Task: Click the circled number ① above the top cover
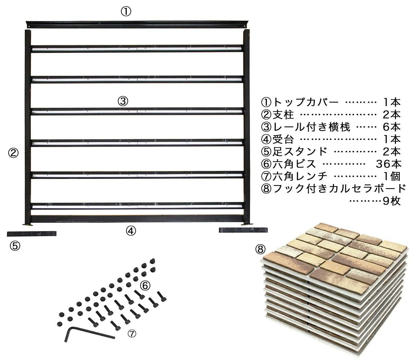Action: pyautogui.click(x=126, y=12)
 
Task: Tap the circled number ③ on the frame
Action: pyautogui.click(x=123, y=101)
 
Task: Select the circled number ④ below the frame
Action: pyautogui.click(x=131, y=231)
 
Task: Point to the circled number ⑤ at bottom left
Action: pyautogui.click(x=15, y=246)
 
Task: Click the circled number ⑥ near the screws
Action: pyautogui.click(x=145, y=286)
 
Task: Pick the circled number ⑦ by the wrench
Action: pyautogui.click(x=132, y=334)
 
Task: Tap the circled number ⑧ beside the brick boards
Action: pyautogui.click(x=260, y=249)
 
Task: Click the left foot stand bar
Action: pyautogui.click(x=32, y=234)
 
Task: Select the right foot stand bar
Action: pyautogui.click(x=243, y=230)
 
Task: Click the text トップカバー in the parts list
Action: pyautogui.click(x=306, y=102)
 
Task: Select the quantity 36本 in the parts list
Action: pyautogui.click(x=388, y=164)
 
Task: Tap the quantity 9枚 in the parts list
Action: pyautogui.click(x=391, y=201)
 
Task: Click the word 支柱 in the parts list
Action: pyautogui.click(x=283, y=115)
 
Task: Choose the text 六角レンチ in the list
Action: pyautogui.click(x=300, y=176)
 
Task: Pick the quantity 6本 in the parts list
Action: pyautogui.click(x=391, y=127)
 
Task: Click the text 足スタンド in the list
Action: pyautogui.click(x=300, y=152)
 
